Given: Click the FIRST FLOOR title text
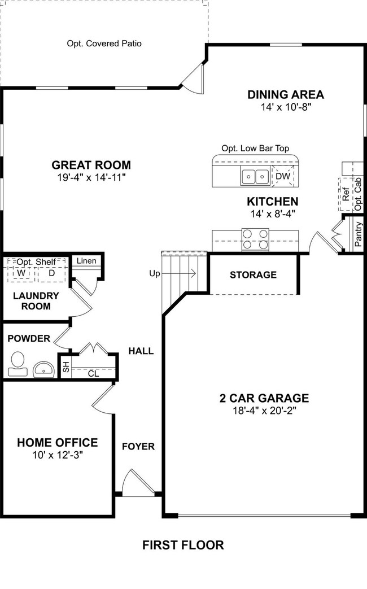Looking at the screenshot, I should pos(183,545).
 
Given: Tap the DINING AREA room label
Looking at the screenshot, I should pos(286,94).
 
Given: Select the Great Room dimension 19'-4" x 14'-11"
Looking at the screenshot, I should pos(91,177).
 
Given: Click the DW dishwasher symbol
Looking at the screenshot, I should pos(282,177).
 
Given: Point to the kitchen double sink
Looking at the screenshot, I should pos(256,177).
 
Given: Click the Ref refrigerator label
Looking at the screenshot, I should pos(346,194).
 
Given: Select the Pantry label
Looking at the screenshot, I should pos(358,234).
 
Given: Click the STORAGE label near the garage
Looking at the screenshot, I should pos(253,275).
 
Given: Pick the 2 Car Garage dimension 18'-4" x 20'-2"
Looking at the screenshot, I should pos(264,411).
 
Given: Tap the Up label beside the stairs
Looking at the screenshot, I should pos(154,274).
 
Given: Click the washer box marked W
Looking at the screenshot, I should pos(21,273).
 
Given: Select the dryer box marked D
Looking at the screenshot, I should pos(51,273).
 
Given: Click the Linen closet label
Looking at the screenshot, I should pos(86,260).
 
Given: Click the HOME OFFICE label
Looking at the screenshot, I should pos(57,443).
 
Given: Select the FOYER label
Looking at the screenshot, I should pos(138,447).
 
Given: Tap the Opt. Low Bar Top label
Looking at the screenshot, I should pos(255,149).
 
